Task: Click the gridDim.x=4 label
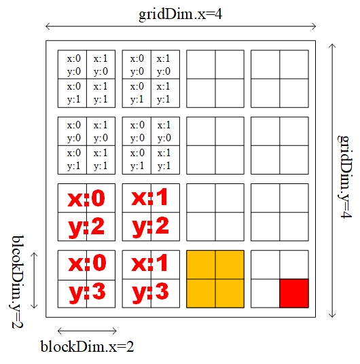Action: (180, 14)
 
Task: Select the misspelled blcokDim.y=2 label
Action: (17, 282)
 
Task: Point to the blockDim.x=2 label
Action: (88, 347)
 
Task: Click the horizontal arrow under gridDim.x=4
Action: (181, 26)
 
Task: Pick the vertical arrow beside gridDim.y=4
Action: (332, 181)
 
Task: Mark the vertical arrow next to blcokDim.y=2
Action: (34, 280)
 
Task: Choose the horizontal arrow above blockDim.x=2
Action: (87, 331)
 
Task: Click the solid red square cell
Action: (294, 293)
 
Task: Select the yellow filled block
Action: (215, 279)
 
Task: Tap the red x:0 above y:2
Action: (86, 199)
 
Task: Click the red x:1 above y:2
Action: (150, 198)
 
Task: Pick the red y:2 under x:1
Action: (151, 227)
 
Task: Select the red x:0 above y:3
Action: (87, 263)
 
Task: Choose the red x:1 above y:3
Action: (150, 263)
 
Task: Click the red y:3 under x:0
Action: (88, 293)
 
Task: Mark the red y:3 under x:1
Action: (151, 293)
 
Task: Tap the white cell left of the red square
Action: (266, 293)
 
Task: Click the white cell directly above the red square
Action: (294, 265)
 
